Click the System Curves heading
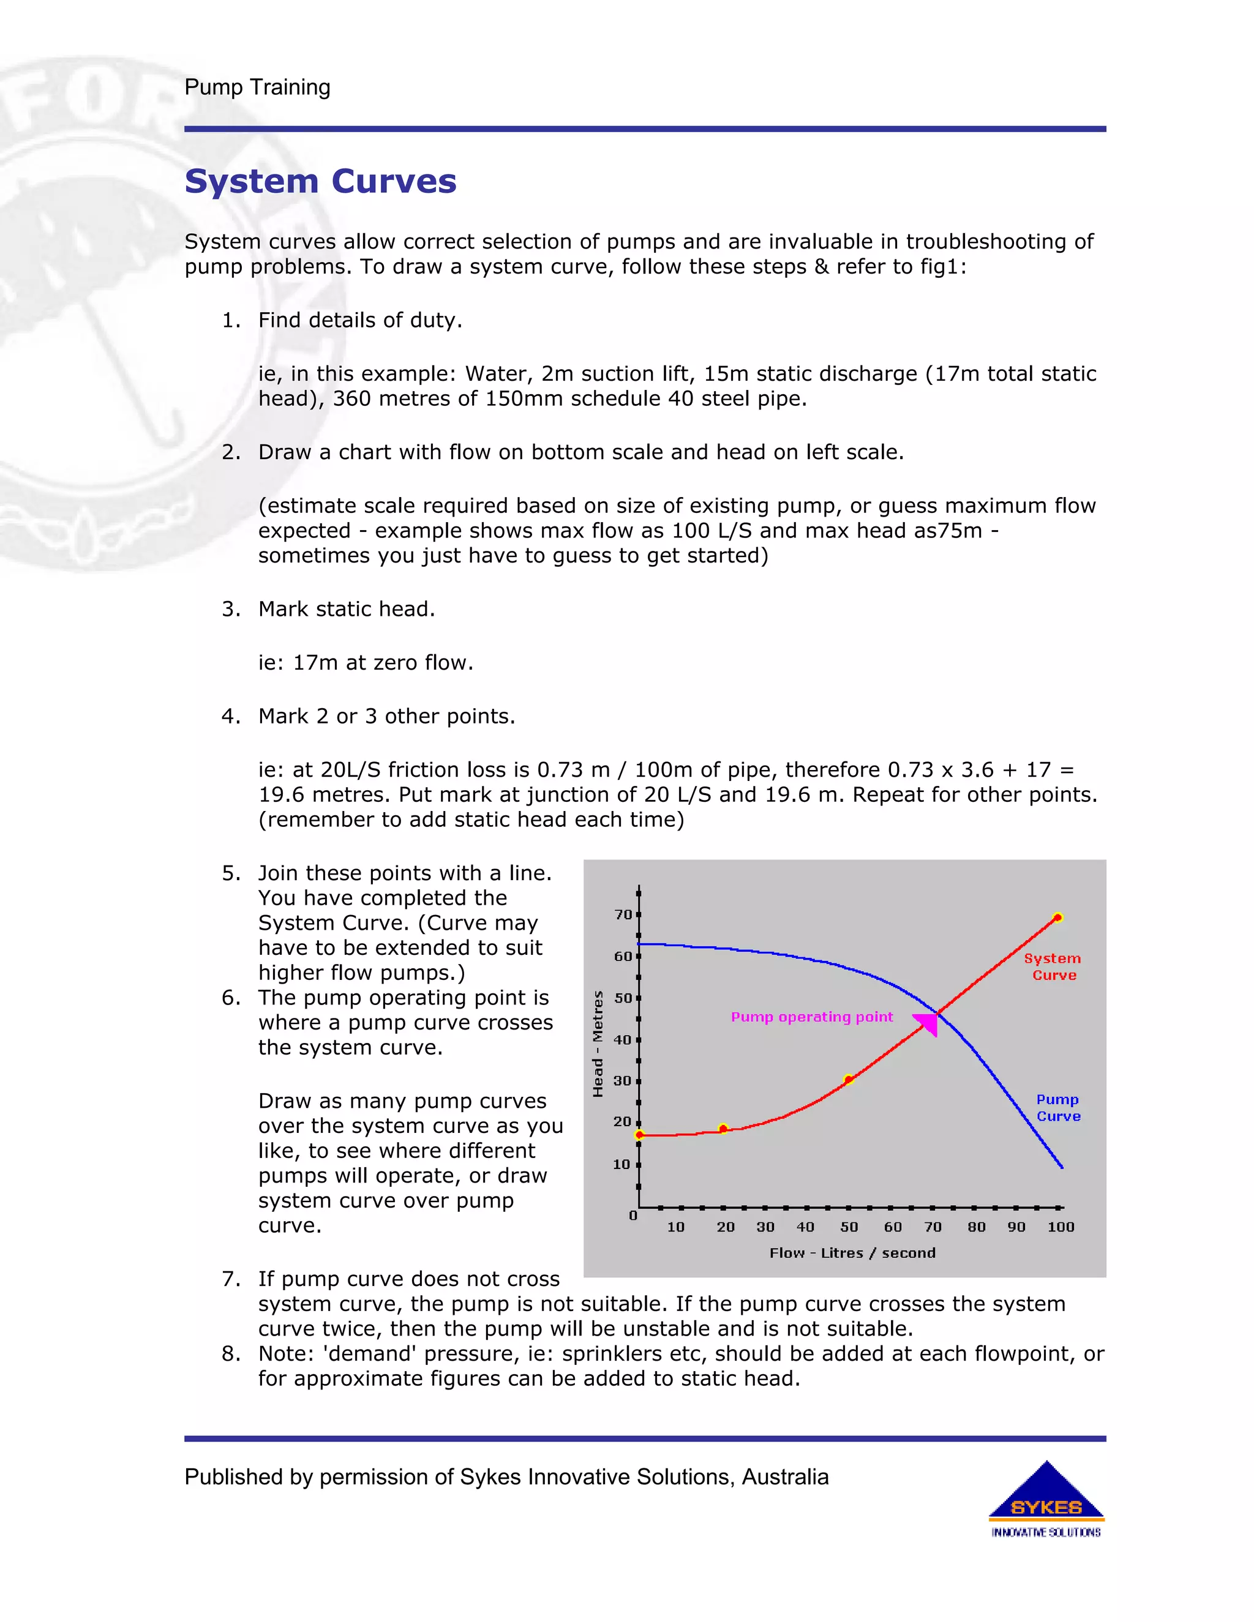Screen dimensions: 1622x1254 pos(320,181)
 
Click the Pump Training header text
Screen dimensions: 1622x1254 pos(257,87)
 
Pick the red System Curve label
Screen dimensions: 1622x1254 pos(1053,966)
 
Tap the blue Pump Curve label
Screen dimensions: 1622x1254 pos(1058,1107)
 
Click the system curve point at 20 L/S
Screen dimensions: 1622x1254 pos(724,1129)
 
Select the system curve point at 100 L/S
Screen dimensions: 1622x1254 pos(1058,918)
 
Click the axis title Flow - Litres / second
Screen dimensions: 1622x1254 pos(852,1253)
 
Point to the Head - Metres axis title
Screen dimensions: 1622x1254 pos(598,1044)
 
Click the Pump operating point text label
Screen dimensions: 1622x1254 pos(811,1017)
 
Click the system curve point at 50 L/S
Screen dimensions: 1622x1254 pos(849,1079)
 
